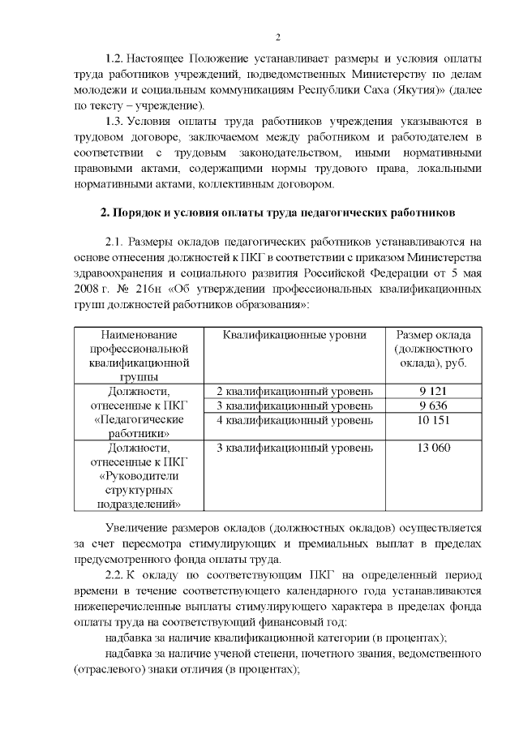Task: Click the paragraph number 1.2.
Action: (x=118, y=61)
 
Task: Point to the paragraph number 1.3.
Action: (x=118, y=122)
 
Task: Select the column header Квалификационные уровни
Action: (x=295, y=335)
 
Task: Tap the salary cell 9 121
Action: (x=434, y=391)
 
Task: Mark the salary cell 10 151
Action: (x=434, y=420)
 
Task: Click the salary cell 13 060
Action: (x=434, y=448)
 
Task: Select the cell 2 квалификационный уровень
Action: (x=295, y=391)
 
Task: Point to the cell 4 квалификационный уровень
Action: (x=295, y=420)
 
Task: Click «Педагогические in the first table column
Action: (x=139, y=420)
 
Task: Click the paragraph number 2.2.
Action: (x=116, y=576)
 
